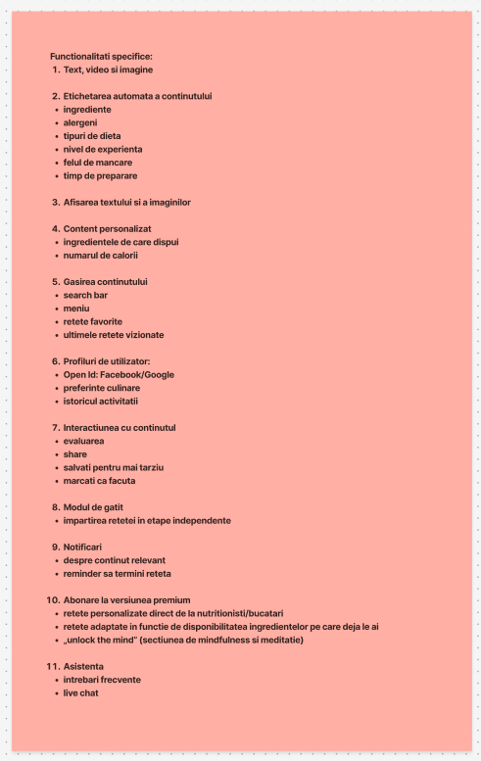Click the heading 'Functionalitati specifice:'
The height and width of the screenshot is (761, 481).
[101, 57]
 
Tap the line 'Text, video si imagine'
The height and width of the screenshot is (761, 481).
[108, 70]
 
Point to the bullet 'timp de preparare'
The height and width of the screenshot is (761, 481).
[100, 175]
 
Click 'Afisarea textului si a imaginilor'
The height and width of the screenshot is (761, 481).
[126, 202]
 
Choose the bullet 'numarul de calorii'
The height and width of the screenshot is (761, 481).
[100, 255]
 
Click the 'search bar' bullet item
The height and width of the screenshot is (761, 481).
[85, 295]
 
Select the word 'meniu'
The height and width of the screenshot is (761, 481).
[76, 308]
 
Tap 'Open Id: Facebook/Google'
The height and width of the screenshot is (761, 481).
[119, 374]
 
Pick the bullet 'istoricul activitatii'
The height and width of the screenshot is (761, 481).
[102, 401]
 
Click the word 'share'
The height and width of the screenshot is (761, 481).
[75, 454]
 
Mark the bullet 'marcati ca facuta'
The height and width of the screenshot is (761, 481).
[100, 481]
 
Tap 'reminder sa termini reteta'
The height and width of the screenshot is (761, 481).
[117, 573]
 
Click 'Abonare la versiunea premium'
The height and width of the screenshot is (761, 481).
[126, 599]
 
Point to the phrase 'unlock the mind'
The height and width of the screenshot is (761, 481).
[103, 640]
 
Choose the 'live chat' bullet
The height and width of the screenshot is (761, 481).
[81, 692]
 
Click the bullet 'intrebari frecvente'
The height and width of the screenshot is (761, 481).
[101, 680]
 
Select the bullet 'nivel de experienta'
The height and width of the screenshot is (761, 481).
[103, 149]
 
